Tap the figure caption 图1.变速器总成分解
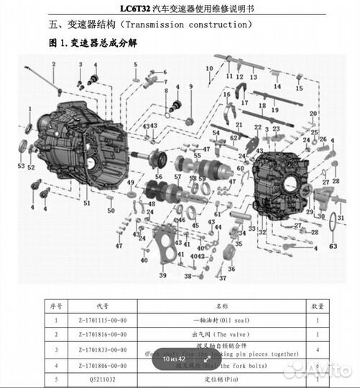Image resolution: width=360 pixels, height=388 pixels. [x=93, y=43]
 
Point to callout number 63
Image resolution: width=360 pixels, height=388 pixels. [x=333, y=246]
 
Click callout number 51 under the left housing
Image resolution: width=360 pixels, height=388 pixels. [x=86, y=203]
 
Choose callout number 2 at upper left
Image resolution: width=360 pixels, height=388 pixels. [x=53, y=65]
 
